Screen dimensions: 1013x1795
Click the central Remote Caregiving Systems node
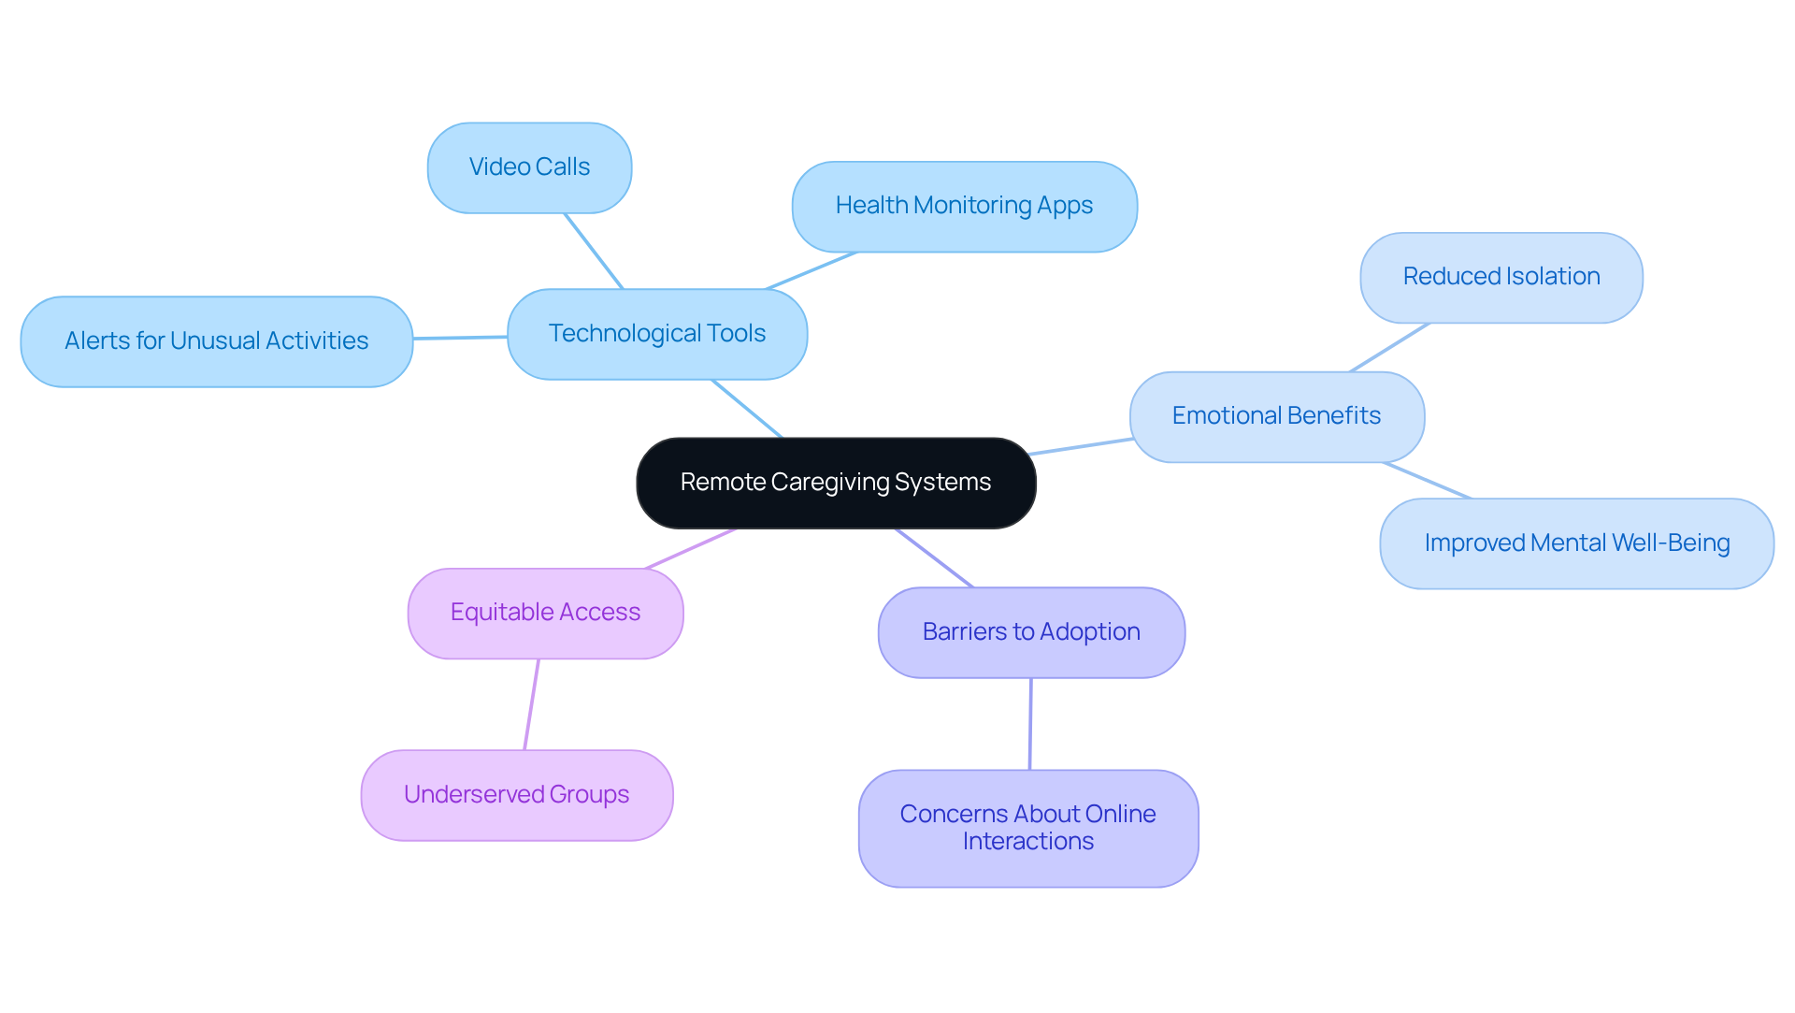tap(836, 483)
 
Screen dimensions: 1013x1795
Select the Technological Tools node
tap(657, 334)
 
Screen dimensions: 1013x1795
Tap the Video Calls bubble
tap(529, 167)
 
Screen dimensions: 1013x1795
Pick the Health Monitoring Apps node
tap(964, 206)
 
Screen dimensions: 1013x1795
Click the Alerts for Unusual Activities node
tap(216, 341)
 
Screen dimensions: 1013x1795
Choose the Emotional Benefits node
tap(1276, 416)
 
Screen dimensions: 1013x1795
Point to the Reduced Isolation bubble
tap(1501, 277)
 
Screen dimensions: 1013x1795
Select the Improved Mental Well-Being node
tap(1576, 543)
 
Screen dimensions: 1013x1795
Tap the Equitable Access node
tap(545, 613)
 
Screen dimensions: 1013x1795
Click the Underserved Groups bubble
tap(516, 795)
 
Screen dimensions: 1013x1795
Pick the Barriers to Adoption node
tap(1031, 632)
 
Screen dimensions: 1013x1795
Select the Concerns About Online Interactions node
tap(1027, 828)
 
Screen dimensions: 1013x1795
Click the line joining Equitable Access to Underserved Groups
tap(531, 704)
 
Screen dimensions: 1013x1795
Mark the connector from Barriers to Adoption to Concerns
tap(1030, 724)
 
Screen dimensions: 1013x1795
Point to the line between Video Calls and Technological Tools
tap(593, 251)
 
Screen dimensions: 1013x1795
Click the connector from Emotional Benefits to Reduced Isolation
tap(1389, 348)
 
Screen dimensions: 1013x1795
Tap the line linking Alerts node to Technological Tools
tap(460, 338)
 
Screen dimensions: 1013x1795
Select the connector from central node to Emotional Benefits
tap(1081, 446)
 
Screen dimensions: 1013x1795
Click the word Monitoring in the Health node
tap(972, 206)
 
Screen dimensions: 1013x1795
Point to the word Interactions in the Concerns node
tap(1027, 842)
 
